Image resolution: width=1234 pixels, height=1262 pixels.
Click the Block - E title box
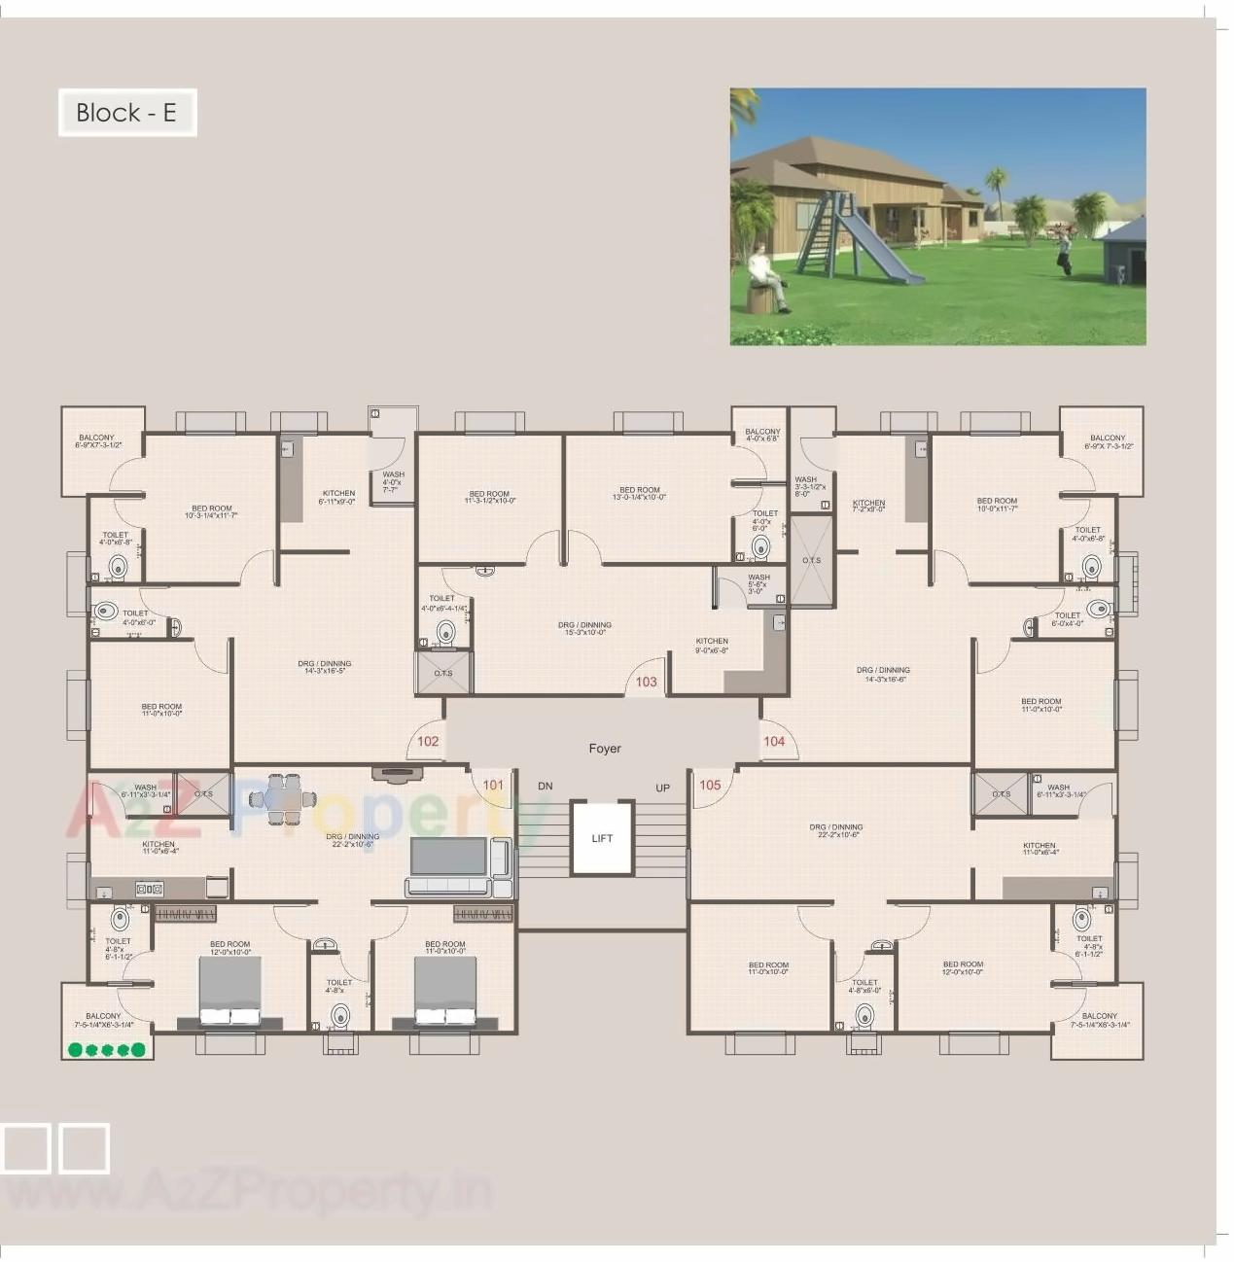pyautogui.click(x=127, y=113)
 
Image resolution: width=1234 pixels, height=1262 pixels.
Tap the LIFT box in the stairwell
pyautogui.click(x=602, y=838)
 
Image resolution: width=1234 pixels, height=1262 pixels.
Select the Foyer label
pyautogui.click(x=605, y=749)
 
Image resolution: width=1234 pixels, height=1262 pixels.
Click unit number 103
pyautogui.click(x=647, y=683)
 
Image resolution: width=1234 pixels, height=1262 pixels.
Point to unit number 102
pyautogui.click(x=428, y=742)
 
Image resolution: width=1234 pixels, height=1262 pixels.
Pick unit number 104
pyautogui.click(x=774, y=742)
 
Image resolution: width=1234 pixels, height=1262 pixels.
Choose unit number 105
pyautogui.click(x=710, y=786)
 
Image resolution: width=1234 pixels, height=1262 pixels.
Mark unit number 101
pyautogui.click(x=493, y=786)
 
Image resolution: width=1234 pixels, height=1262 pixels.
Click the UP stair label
pyautogui.click(x=662, y=789)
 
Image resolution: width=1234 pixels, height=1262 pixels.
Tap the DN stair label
pyautogui.click(x=546, y=787)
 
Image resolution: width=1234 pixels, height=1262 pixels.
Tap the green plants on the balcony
pyautogui.click(x=107, y=1050)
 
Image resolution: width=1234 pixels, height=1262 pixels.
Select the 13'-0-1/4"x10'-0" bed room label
pyautogui.click(x=640, y=494)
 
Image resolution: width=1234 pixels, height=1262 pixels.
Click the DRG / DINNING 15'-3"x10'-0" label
pyautogui.click(x=584, y=629)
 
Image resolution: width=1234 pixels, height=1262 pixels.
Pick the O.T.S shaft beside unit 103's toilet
pyautogui.click(x=443, y=673)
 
